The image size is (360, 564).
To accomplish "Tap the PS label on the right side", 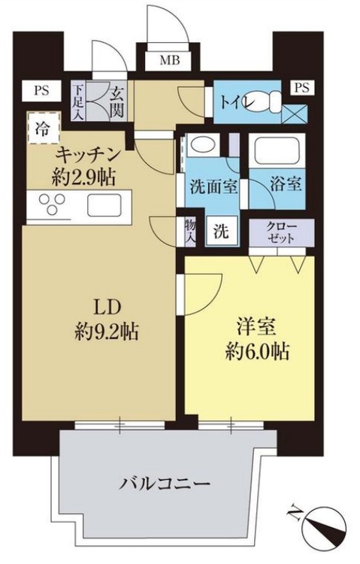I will point(301,88).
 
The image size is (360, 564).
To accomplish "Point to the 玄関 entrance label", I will point(117,100).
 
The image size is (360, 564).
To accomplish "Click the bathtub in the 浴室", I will point(277,152).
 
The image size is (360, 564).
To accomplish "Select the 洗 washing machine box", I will point(223,231).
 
